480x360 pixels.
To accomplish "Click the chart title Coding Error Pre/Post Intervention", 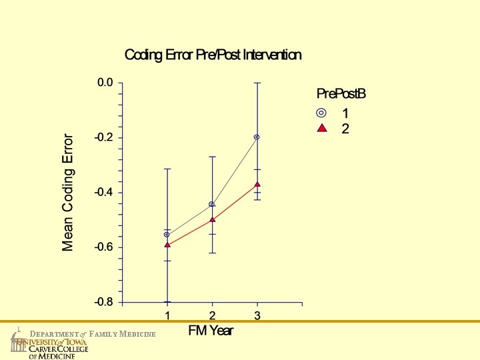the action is tap(213, 55).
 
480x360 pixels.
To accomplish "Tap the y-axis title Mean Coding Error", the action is tap(68, 193).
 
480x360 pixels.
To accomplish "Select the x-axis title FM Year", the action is tap(211, 331).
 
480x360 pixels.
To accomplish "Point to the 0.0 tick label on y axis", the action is tap(105, 83).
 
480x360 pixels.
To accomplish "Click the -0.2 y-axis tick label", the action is tap(104, 137).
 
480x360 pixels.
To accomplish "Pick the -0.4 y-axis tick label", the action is tap(104, 192).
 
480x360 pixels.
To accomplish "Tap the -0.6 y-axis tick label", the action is tap(104, 247).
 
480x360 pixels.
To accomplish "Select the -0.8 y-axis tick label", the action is tap(104, 302).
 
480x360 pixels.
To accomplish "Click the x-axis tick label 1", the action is tap(167, 315).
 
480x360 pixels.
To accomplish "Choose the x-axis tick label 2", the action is tap(212, 315).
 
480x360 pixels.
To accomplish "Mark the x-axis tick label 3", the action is tap(257, 315).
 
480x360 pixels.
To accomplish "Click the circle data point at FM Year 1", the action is tap(167, 235).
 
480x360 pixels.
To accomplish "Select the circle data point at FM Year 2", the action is tap(211, 204).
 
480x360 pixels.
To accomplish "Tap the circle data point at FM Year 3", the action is tap(257, 137).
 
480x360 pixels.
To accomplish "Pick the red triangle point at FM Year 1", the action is tap(167, 245).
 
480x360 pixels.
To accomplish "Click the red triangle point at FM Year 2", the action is tap(213, 219).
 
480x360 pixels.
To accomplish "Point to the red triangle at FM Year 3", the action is tap(257, 184).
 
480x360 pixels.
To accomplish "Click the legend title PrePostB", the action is tap(341, 94).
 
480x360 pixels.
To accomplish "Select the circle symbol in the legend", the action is tap(321, 113).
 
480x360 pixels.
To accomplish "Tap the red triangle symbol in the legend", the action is tap(322, 128).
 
